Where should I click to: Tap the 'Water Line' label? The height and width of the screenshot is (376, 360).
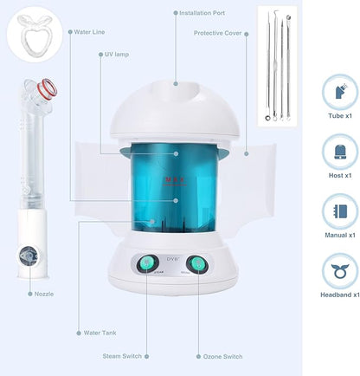tap(90, 32)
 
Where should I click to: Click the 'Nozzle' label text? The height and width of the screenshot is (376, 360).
tap(43, 294)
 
